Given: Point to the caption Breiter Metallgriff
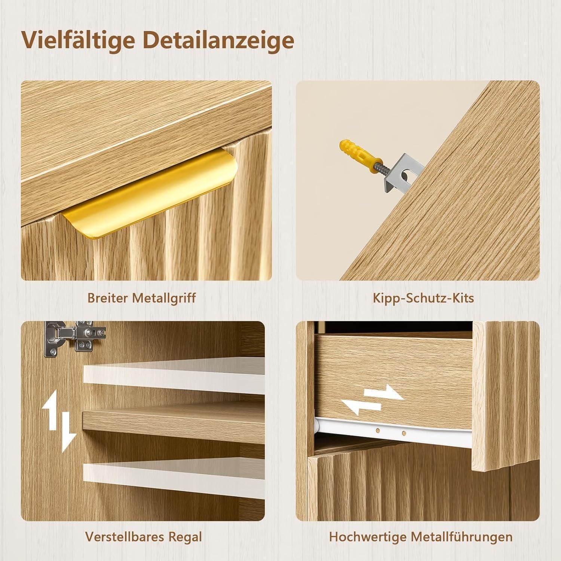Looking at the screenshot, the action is point(142,298).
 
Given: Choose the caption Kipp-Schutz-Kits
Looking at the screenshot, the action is point(423,298).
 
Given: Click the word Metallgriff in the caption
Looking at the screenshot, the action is point(164,298).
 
